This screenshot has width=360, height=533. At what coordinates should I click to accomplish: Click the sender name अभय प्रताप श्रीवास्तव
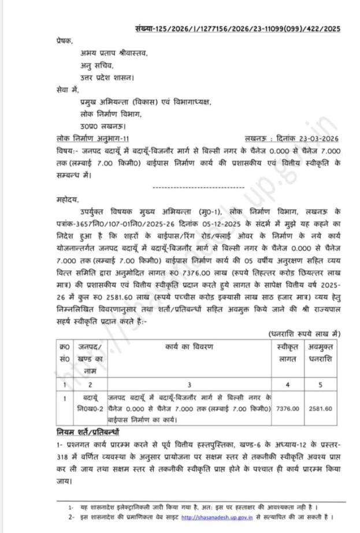tap(114, 53)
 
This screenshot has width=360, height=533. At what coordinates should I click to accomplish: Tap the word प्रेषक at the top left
tap(66, 41)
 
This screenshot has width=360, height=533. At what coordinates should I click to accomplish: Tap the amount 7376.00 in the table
tap(288, 408)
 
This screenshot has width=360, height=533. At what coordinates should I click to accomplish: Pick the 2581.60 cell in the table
tap(321, 408)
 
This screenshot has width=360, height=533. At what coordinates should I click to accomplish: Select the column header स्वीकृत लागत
tap(288, 352)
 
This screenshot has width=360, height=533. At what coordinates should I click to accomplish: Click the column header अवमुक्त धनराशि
tap(321, 352)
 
